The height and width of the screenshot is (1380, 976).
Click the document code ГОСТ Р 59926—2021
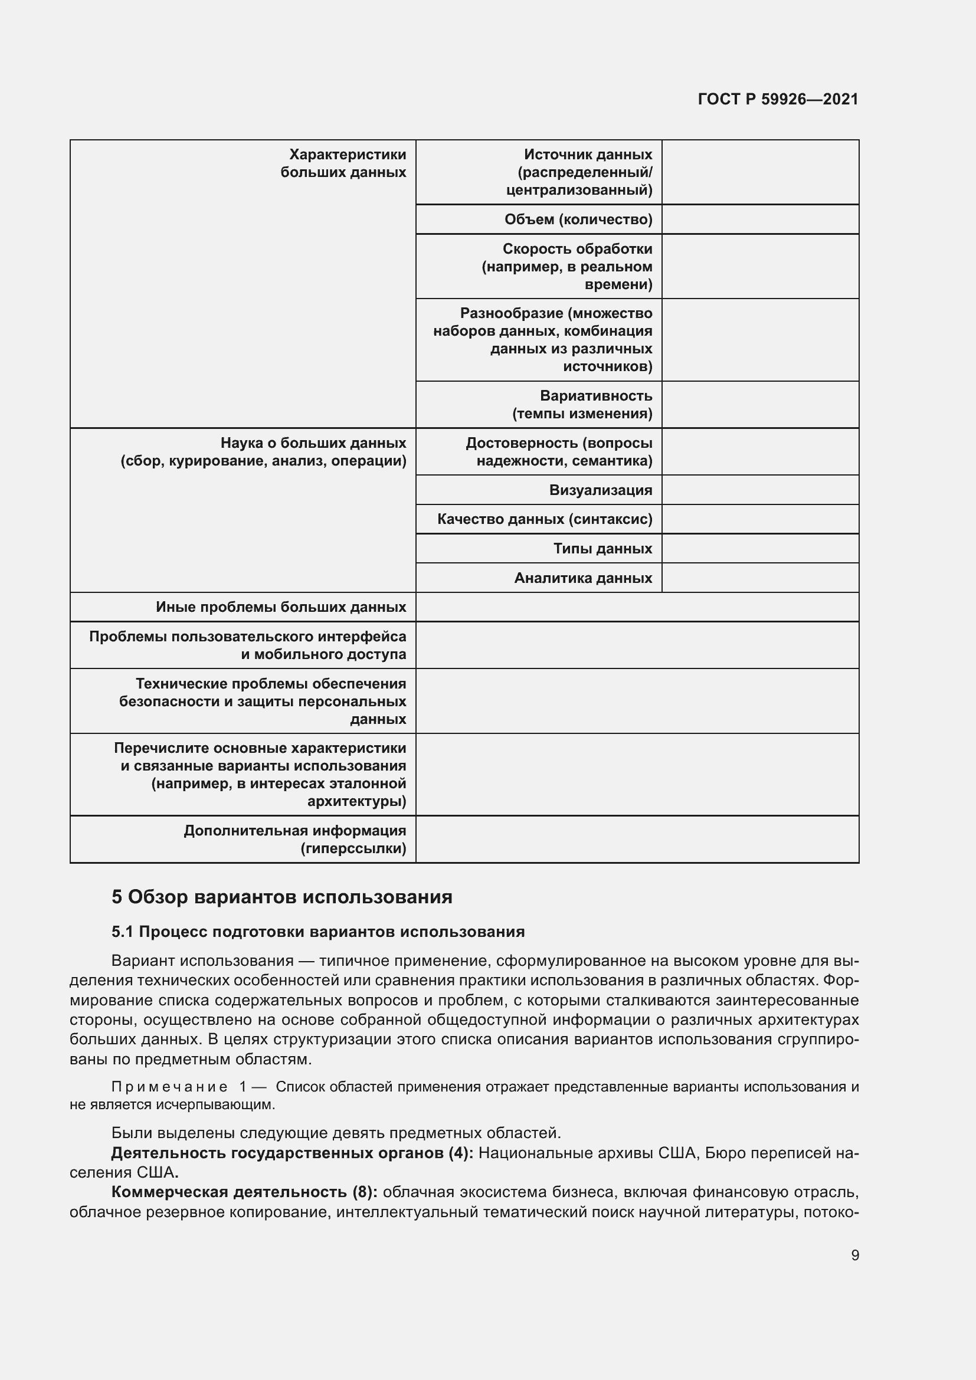pyautogui.click(x=778, y=99)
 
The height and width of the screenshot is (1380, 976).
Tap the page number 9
pyautogui.click(x=854, y=1255)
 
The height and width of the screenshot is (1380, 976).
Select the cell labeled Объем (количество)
pyautogui.click(x=578, y=219)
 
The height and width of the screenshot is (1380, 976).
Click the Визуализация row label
pyautogui.click(x=600, y=490)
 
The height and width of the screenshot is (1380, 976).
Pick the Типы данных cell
pyautogui.click(x=602, y=548)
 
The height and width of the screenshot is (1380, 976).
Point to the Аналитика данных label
pyautogui.click(x=582, y=578)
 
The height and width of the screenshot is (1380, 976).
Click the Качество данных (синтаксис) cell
pyautogui.click(x=544, y=519)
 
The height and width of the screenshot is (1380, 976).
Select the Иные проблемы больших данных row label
pyautogui.click(x=281, y=607)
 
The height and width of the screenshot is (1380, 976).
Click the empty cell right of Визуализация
pyautogui.click(x=759, y=490)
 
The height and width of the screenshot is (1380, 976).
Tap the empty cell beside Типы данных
pyautogui.click(x=759, y=548)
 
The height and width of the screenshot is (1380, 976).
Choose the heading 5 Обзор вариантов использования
pyautogui.click(x=281, y=897)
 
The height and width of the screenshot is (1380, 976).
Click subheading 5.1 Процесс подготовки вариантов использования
pyautogui.click(x=318, y=932)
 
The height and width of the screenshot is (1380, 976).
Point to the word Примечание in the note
pyautogui.click(x=169, y=1087)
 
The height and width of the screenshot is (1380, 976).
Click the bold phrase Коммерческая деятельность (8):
pyautogui.click(x=244, y=1192)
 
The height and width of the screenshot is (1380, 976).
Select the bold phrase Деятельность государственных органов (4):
pyautogui.click(x=292, y=1153)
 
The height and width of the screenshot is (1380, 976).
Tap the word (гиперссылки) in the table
pyautogui.click(x=353, y=848)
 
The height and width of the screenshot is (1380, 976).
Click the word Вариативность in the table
pyautogui.click(x=595, y=395)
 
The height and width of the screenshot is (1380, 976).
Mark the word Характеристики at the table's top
pyautogui.click(x=348, y=155)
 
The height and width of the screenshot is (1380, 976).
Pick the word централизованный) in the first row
pyautogui.click(x=579, y=190)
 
